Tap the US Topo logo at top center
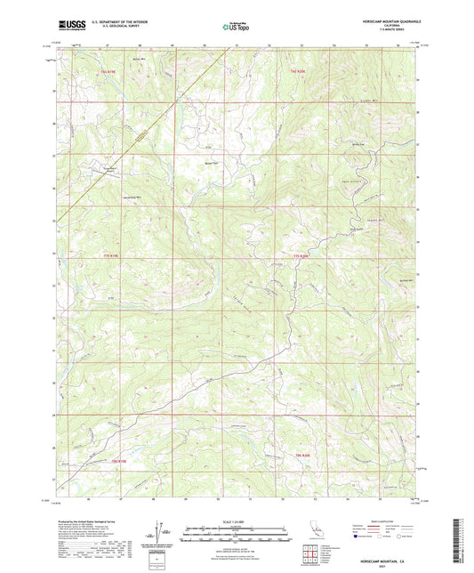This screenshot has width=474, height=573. tap(236, 27)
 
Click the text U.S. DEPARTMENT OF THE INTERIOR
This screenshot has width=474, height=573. tap(116, 22)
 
